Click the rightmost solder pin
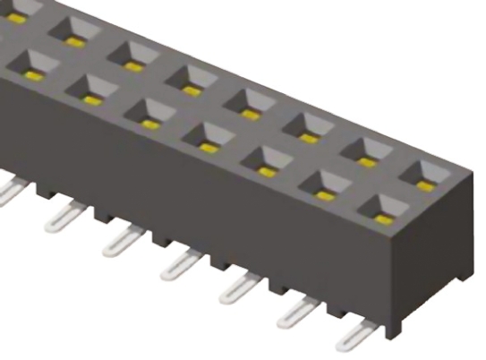[356, 338]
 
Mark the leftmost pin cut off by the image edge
[9, 192]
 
